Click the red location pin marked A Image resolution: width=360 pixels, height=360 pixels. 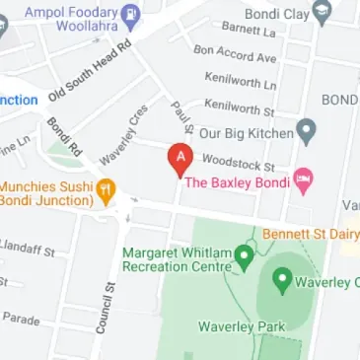180,160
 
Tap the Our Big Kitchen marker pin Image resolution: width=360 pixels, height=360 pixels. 307,131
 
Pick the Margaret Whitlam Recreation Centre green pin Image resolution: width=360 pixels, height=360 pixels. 244,260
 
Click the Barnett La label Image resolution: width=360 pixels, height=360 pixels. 249,31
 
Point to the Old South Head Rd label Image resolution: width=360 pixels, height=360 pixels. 90,72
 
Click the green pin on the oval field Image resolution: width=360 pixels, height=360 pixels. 282,282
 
